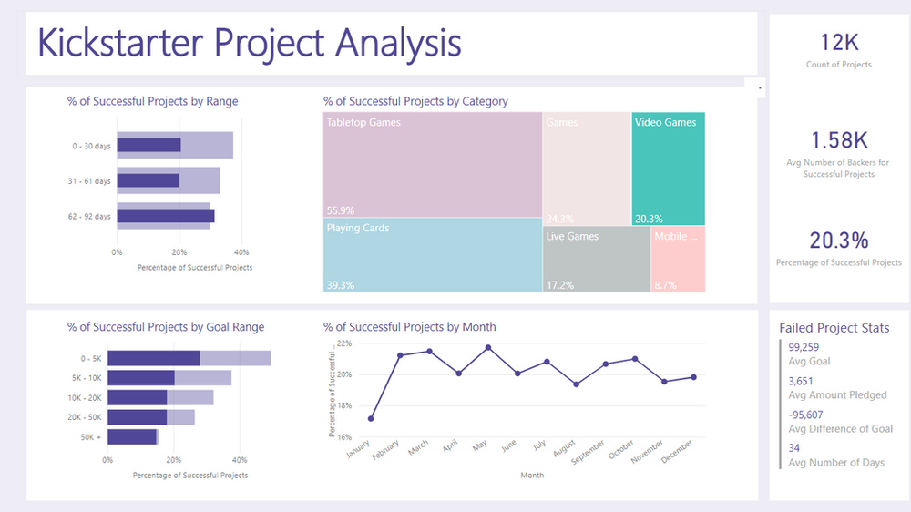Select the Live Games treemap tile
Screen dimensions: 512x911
pos(597,260)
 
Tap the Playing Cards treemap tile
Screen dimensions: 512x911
pos(433,255)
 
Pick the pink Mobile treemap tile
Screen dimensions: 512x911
pos(678,260)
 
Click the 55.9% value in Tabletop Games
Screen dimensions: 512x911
pos(340,208)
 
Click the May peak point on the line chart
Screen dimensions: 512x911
pos(488,347)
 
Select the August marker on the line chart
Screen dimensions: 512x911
pos(576,384)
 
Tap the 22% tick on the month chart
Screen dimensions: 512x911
pos(343,343)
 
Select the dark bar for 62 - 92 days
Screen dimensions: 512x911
pos(165,216)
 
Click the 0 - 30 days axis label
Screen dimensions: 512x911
pos(92,146)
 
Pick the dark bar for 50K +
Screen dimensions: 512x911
pos(132,437)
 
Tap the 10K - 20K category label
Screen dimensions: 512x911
pos(86,398)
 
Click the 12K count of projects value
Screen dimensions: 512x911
pos(838,42)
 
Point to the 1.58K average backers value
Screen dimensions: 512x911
pos(838,140)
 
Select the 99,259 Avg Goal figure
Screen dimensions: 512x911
pos(804,347)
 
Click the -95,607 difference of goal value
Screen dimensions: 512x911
pos(808,415)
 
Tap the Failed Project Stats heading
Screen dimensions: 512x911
pos(834,328)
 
